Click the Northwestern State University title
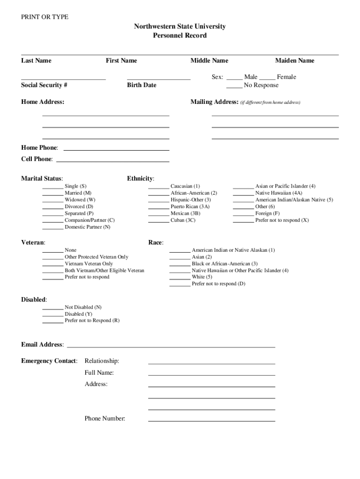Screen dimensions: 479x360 [180, 26]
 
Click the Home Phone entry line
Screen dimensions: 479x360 [116, 150]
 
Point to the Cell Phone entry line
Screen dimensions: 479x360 [112, 161]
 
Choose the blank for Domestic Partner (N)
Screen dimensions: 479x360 [53, 229]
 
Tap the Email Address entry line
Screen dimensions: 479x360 [171, 347]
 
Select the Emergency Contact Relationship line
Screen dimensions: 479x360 [211, 363]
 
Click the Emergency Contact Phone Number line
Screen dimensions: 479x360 [211, 421]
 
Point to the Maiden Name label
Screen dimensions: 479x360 [295, 60]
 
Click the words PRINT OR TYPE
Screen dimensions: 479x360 [45, 17]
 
